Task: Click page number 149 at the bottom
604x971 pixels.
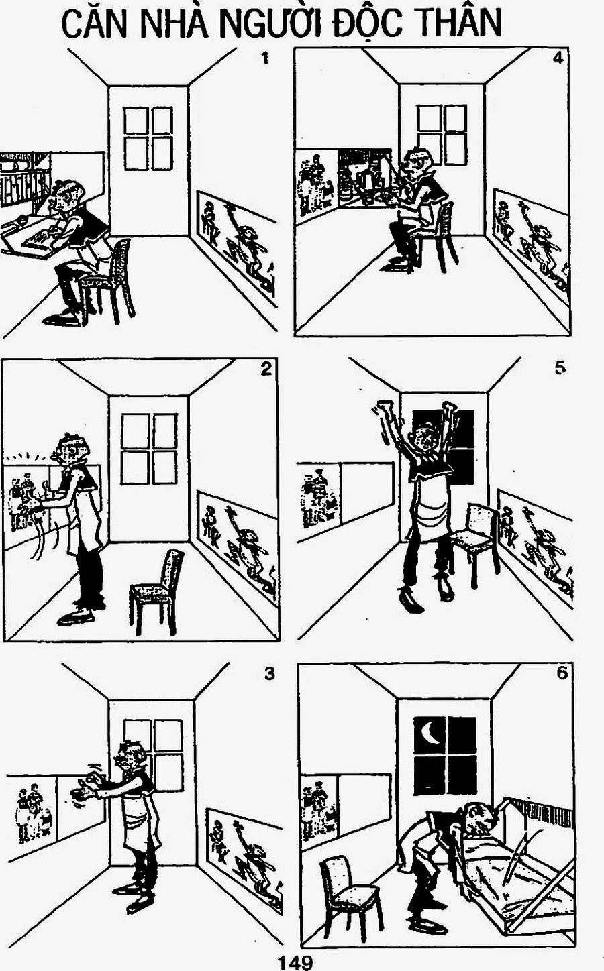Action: (x=295, y=962)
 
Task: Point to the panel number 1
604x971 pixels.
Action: (x=265, y=58)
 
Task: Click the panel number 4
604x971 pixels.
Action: (x=558, y=58)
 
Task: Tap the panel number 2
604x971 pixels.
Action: (x=266, y=369)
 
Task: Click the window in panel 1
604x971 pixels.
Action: (x=148, y=139)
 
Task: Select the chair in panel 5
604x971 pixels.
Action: (x=473, y=538)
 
